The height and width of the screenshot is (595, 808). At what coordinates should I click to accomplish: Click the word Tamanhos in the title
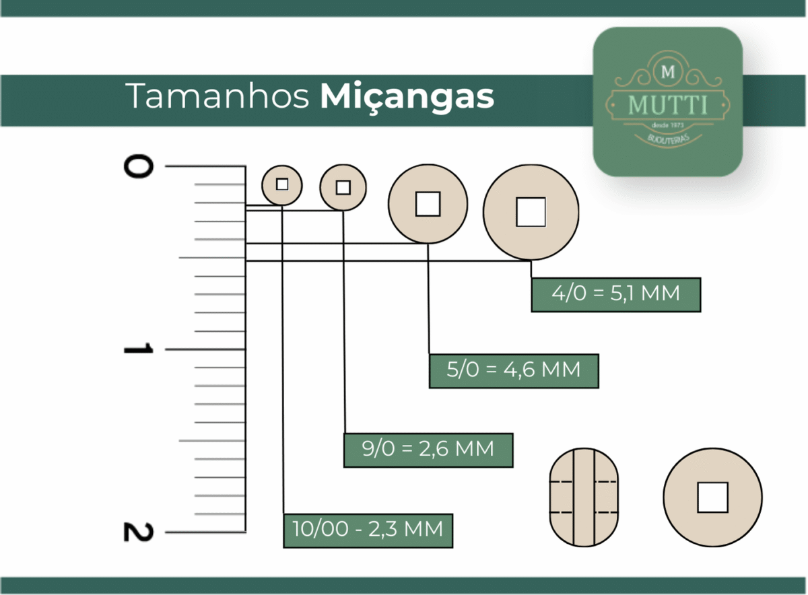(x=217, y=96)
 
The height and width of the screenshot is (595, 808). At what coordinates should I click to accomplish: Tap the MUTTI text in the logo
(x=668, y=105)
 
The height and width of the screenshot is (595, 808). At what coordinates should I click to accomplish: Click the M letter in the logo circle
(x=668, y=72)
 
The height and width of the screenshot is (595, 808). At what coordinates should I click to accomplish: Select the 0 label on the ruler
(x=138, y=166)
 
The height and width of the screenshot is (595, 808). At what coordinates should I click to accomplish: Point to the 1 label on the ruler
(x=138, y=349)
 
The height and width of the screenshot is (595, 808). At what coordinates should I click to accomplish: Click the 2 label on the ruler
(x=138, y=532)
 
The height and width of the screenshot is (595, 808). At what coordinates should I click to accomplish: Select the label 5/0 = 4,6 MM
(x=514, y=371)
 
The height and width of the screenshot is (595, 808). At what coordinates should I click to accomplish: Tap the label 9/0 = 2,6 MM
(x=428, y=450)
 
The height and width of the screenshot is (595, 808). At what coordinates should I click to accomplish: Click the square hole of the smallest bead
(x=282, y=184)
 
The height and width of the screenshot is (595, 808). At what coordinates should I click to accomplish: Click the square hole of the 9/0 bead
(x=343, y=188)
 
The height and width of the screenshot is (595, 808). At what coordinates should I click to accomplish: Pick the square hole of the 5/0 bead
(x=428, y=204)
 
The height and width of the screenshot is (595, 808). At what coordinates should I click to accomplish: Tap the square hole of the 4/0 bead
(x=531, y=212)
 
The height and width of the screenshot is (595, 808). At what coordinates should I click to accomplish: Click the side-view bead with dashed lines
(x=584, y=497)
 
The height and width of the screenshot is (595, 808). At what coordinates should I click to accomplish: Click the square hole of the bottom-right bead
(x=712, y=497)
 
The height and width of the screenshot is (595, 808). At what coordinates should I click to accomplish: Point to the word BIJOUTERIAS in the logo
(x=669, y=139)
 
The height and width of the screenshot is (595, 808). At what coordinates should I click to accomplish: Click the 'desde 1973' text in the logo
(x=668, y=125)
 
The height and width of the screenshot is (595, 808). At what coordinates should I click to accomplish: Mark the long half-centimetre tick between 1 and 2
(x=212, y=441)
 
